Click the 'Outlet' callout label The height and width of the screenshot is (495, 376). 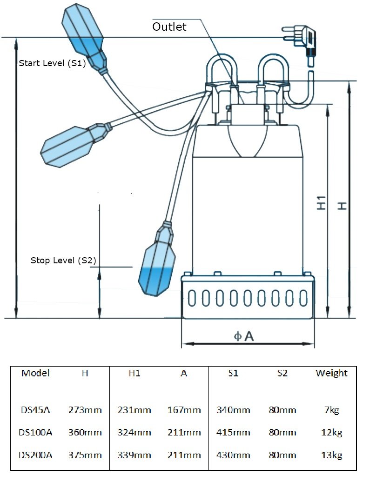(169, 27)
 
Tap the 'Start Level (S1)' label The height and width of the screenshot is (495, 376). (52, 63)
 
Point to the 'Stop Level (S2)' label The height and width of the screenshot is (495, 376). (63, 261)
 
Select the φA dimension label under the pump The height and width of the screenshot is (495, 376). (244, 336)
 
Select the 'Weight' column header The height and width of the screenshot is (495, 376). (331, 373)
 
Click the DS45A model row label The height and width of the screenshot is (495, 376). (36, 410)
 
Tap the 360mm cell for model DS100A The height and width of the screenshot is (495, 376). (85, 433)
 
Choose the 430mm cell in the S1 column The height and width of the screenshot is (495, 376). (233, 455)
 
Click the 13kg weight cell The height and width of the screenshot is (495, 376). (331, 455)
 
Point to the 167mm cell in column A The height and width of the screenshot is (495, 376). (184, 410)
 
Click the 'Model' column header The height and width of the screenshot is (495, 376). (36, 373)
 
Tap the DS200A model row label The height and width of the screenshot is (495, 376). (36, 455)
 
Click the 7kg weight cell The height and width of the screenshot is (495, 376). (331, 410)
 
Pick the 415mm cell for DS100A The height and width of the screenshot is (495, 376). (233, 433)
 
